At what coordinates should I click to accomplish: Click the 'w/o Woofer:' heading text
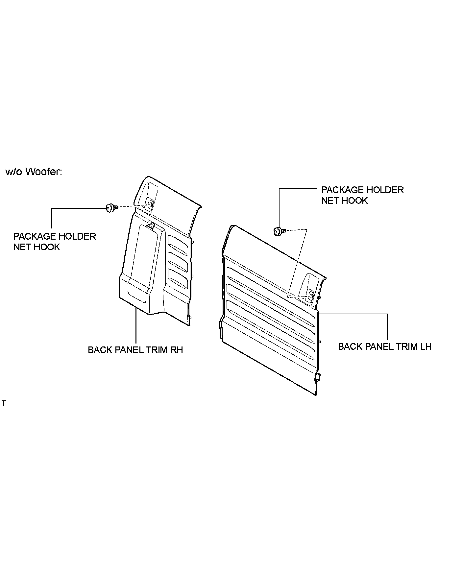tap(34, 172)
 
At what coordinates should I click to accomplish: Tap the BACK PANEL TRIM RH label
tap(135, 349)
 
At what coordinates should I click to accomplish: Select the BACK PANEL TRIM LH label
tap(384, 346)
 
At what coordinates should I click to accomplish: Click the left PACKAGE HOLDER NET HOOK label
tap(54, 241)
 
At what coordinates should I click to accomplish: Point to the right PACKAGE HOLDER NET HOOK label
tap(362, 195)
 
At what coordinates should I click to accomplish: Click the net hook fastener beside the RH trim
tap(111, 208)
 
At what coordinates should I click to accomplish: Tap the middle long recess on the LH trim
tap(270, 312)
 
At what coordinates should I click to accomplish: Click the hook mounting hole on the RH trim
tap(150, 205)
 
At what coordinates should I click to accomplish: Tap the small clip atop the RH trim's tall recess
tap(151, 225)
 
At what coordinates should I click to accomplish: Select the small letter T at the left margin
tap(4, 403)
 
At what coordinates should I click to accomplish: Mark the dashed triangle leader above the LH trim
tap(298, 260)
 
